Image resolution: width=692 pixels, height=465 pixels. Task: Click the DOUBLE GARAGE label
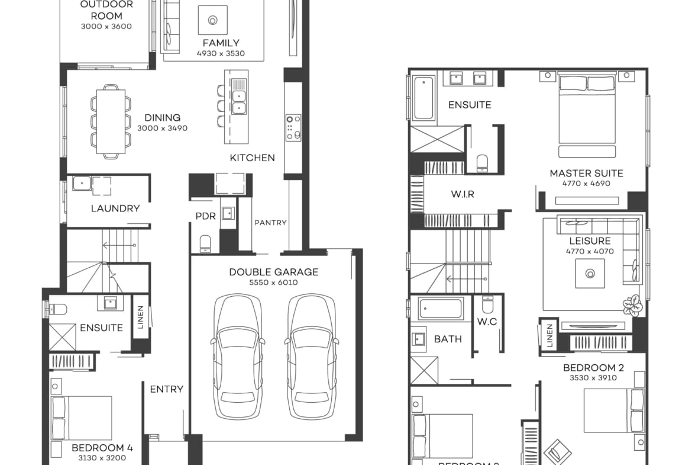pyautogui.click(x=273, y=272)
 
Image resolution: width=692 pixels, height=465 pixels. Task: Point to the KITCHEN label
pyautogui.click(x=253, y=158)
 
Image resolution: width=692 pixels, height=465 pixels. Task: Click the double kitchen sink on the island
pyautogui.click(x=239, y=101)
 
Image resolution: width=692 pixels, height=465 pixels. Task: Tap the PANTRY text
pyautogui.click(x=270, y=223)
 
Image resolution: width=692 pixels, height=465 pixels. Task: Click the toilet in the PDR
pyautogui.click(x=205, y=243)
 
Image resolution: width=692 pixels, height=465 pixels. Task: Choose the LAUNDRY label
pyautogui.click(x=115, y=209)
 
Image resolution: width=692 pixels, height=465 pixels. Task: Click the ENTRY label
pyautogui.click(x=166, y=389)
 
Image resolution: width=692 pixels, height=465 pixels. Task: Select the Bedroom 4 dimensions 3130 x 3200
pyautogui.click(x=99, y=458)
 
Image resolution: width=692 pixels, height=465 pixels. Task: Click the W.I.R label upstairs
pyautogui.click(x=463, y=194)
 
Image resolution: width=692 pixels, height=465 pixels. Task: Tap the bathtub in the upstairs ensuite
pyautogui.click(x=424, y=97)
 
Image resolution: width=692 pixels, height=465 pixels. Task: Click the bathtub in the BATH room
pyautogui.click(x=441, y=309)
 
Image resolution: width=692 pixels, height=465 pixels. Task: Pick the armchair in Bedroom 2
pyautogui.click(x=557, y=452)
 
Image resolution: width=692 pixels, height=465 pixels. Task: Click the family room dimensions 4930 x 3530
pyautogui.click(x=221, y=53)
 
